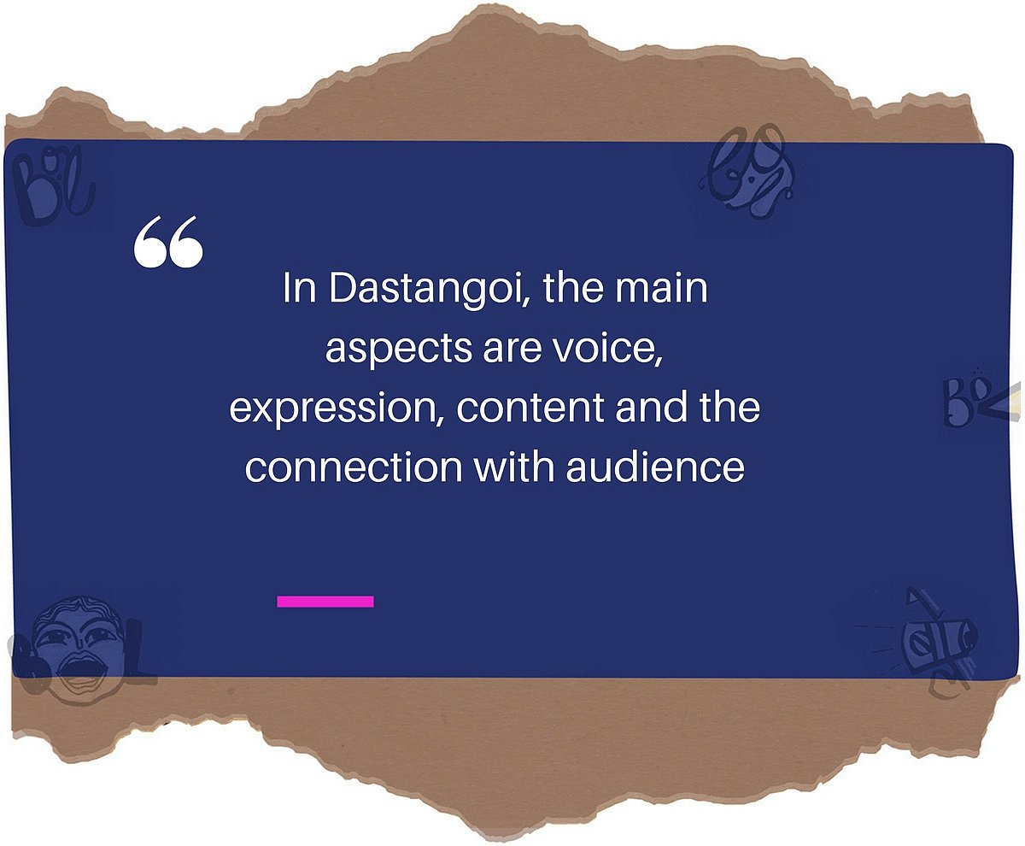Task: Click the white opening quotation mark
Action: (x=168, y=243)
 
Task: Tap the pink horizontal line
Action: (x=325, y=602)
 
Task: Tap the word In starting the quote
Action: (x=298, y=291)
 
